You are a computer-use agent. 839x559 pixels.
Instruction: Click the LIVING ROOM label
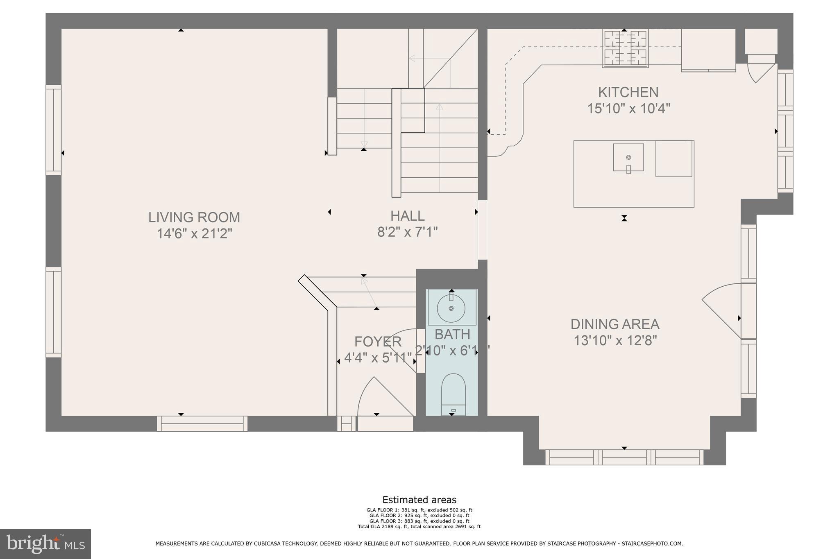click(x=194, y=217)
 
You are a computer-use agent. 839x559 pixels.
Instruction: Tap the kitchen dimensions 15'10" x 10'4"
click(x=628, y=109)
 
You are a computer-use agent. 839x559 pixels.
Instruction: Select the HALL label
click(x=407, y=216)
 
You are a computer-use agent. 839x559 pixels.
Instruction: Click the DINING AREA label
click(x=615, y=324)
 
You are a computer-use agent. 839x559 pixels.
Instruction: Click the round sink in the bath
click(x=451, y=308)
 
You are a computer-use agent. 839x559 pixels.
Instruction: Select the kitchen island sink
click(x=628, y=157)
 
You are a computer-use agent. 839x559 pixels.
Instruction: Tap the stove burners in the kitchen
click(x=624, y=48)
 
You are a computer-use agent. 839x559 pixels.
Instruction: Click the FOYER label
click(x=378, y=342)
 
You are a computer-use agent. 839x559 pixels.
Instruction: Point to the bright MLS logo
click(x=45, y=544)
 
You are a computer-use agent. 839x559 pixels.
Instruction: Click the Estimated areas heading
click(x=419, y=500)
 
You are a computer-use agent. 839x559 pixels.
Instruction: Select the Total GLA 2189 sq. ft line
click(x=419, y=527)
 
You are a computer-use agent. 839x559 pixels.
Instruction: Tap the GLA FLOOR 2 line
click(x=419, y=516)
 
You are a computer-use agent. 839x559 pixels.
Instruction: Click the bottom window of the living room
click(x=202, y=424)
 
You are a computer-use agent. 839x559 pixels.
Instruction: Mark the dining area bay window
click(x=624, y=457)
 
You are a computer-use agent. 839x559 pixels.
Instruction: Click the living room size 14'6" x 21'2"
click(x=194, y=234)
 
